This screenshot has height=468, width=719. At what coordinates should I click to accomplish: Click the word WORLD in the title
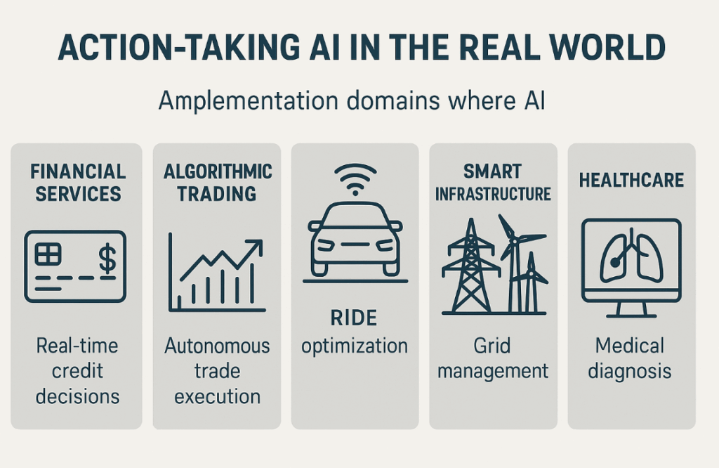(607, 47)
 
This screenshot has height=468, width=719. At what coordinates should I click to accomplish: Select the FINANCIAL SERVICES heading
(78, 183)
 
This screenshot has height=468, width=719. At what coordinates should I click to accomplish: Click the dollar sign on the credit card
(107, 259)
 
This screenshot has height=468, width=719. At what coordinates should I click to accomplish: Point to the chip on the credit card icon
(48, 254)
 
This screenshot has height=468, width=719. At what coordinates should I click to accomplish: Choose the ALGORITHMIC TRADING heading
(218, 183)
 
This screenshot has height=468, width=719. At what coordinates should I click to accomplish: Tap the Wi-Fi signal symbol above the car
(355, 180)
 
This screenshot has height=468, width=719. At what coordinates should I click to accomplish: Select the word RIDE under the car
(354, 318)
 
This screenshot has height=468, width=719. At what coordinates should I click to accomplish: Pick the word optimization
(355, 346)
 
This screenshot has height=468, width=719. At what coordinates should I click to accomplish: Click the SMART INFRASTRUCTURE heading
(493, 183)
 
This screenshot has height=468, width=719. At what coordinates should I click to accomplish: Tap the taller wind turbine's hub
(515, 240)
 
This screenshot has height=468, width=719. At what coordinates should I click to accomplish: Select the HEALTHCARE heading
(631, 180)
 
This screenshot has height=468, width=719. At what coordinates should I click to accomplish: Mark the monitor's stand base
(631, 316)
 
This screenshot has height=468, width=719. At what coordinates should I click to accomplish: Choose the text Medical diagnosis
(630, 358)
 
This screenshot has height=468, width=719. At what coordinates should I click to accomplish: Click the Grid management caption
(492, 358)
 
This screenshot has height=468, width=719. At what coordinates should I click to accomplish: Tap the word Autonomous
(218, 346)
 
